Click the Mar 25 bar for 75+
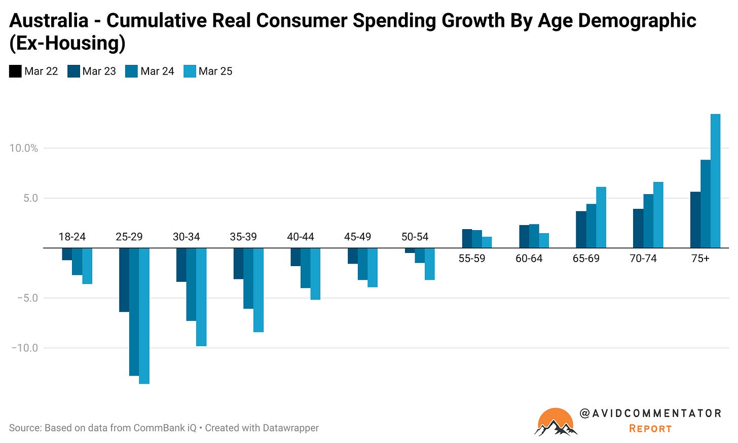tap(715, 181)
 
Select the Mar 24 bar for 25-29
tap(134, 312)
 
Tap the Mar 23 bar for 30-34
tap(181, 265)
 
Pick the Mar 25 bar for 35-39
tap(259, 290)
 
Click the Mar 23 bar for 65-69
tap(581, 230)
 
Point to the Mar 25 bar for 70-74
tap(658, 215)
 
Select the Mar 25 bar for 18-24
tap(87, 266)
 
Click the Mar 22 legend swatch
tap(15, 71)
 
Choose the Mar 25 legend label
tap(215, 71)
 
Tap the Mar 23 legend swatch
tap(73, 71)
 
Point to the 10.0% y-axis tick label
tap(24, 148)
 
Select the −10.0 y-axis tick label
tap(25, 348)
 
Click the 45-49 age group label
tap(357, 237)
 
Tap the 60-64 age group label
tap(529, 259)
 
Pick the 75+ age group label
tap(700, 259)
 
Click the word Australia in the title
tap(49, 21)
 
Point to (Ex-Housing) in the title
tap(67, 44)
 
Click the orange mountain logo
tap(556, 422)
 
